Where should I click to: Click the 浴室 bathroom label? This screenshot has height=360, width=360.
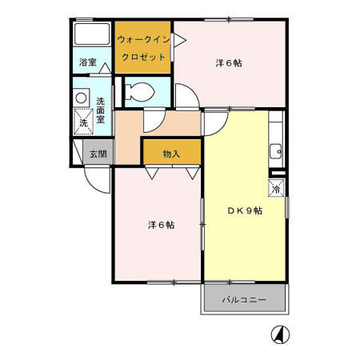point(88,62)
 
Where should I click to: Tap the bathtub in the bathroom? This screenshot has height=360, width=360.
point(92,34)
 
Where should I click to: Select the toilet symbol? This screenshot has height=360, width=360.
point(140,91)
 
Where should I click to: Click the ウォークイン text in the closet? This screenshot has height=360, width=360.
point(143,40)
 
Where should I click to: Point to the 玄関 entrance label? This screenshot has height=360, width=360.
point(98,154)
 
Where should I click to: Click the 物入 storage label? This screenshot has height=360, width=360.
point(171,154)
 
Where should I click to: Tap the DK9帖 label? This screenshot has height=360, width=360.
point(245,210)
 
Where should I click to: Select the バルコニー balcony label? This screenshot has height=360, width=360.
point(244,300)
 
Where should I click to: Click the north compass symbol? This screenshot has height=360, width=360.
point(280,334)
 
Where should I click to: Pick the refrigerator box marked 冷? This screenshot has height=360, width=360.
point(277,188)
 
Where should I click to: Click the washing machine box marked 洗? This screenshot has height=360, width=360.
point(83,122)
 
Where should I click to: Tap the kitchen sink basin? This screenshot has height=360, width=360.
point(276,152)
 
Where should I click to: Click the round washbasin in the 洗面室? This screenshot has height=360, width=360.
point(81,98)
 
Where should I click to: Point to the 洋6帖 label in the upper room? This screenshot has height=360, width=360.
point(229,63)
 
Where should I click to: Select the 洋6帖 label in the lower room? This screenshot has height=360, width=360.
point(162,225)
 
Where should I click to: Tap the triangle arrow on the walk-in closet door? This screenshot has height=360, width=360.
point(180,41)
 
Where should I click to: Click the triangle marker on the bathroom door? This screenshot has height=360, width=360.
point(105,68)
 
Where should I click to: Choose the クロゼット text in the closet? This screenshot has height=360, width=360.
point(143,57)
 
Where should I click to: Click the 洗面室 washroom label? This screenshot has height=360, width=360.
point(101,110)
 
